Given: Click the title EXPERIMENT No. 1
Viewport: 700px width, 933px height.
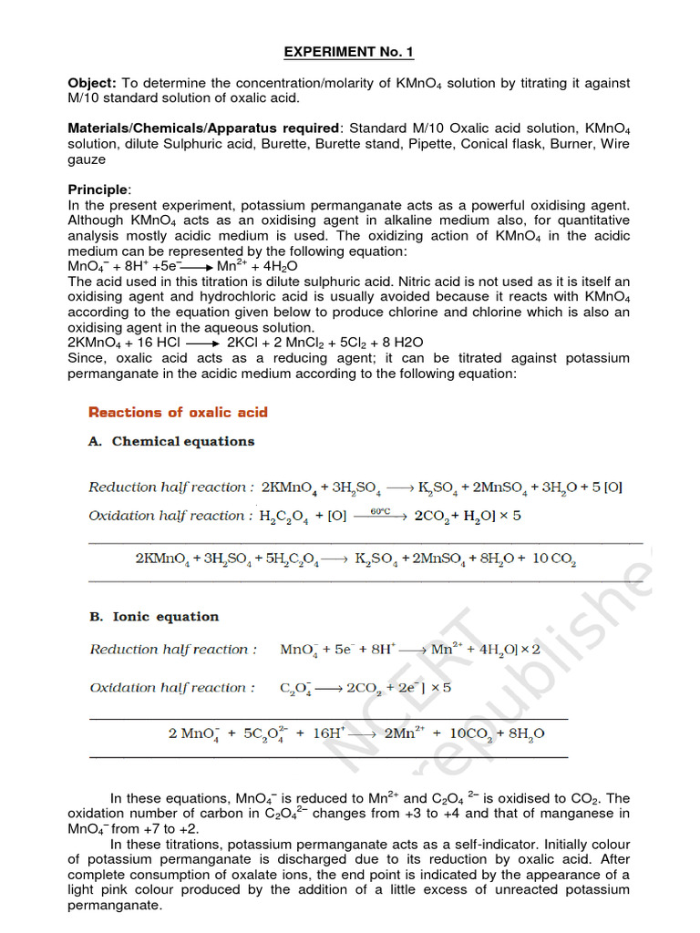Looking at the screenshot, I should click(348, 52).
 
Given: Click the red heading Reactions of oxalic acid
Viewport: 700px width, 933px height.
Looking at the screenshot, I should click(178, 412).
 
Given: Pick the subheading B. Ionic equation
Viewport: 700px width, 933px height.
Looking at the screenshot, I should click(154, 616).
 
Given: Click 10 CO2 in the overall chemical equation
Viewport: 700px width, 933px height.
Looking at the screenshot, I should click(553, 558).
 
